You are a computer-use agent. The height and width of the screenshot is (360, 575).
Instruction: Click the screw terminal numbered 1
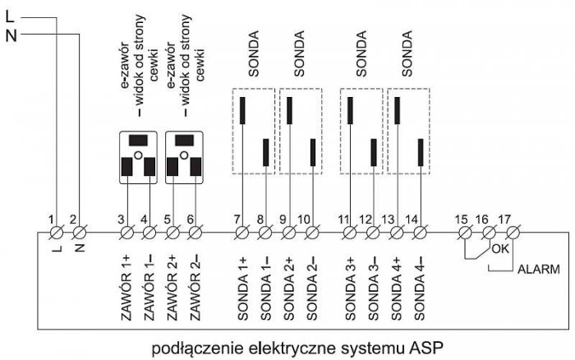click(57, 233)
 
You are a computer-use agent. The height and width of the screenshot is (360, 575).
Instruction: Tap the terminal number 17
click(504, 219)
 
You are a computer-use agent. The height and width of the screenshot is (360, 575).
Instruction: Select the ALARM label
click(539, 270)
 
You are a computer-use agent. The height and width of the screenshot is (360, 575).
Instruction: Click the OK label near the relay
click(500, 249)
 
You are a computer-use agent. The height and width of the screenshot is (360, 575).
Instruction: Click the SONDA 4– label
click(419, 288)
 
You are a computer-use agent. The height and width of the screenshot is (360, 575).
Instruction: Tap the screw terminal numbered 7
click(242, 233)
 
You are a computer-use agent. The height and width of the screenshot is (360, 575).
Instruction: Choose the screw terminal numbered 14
click(421, 233)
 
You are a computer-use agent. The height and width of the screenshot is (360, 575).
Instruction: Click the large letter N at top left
click(11, 36)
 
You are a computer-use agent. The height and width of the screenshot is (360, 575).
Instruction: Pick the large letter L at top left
click(10, 16)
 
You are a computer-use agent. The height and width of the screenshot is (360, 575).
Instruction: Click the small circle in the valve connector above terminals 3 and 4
click(138, 155)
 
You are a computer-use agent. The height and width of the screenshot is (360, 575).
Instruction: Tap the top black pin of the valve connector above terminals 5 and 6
click(185, 141)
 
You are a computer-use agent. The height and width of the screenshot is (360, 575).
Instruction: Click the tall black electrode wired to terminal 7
click(242, 110)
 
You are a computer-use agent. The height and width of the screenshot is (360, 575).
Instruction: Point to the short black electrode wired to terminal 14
click(421, 152)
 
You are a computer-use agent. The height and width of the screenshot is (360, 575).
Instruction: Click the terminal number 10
click(305, 219)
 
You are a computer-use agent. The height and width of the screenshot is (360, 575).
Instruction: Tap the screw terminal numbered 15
click(466, 233)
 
